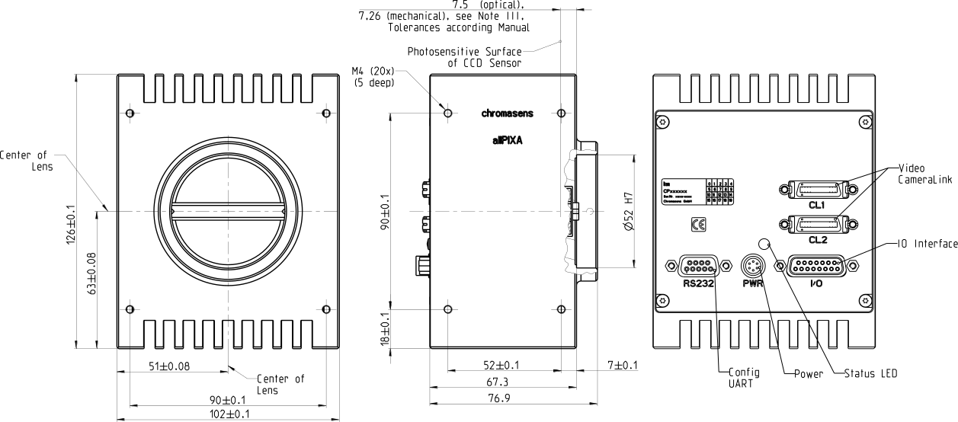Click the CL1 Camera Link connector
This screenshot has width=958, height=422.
[813, 190]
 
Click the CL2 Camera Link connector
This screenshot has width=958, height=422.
[813, 224]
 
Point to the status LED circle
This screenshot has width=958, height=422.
[765, 243]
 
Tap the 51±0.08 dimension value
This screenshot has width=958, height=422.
[168, 366]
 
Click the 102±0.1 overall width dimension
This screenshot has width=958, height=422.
[228, 414]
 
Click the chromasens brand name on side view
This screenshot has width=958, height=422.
[507, 113]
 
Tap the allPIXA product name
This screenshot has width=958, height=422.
[508, 140]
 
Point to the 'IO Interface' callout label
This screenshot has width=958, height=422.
[924, 243]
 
